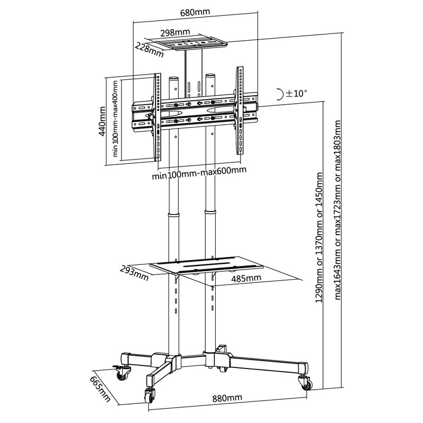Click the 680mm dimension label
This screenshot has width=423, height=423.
(195, 12)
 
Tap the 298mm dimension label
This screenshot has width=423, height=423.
(175, 33)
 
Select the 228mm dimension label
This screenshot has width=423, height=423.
(149, 50)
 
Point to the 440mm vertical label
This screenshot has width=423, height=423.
(102, 121)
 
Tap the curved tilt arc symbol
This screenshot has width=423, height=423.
(281, 94)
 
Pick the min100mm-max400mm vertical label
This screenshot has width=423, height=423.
(115, 118)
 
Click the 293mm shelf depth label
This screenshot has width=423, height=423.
(134, 273)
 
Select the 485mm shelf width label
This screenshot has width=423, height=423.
(246, 278)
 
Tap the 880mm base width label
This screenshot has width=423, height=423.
(227, 398)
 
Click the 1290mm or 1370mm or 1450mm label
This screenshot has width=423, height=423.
(319, 237)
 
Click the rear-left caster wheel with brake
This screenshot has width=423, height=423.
(122, 372)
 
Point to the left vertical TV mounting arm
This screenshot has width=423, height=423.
(157, 117)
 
